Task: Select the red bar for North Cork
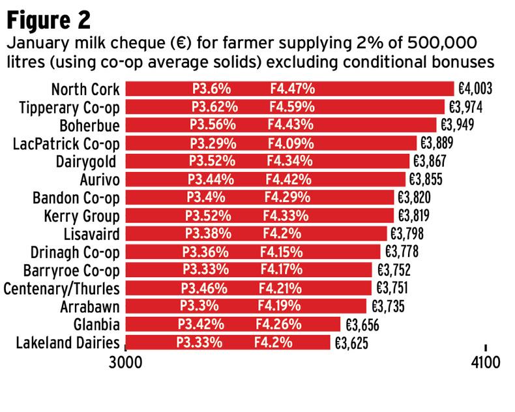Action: tap(289, 89)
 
